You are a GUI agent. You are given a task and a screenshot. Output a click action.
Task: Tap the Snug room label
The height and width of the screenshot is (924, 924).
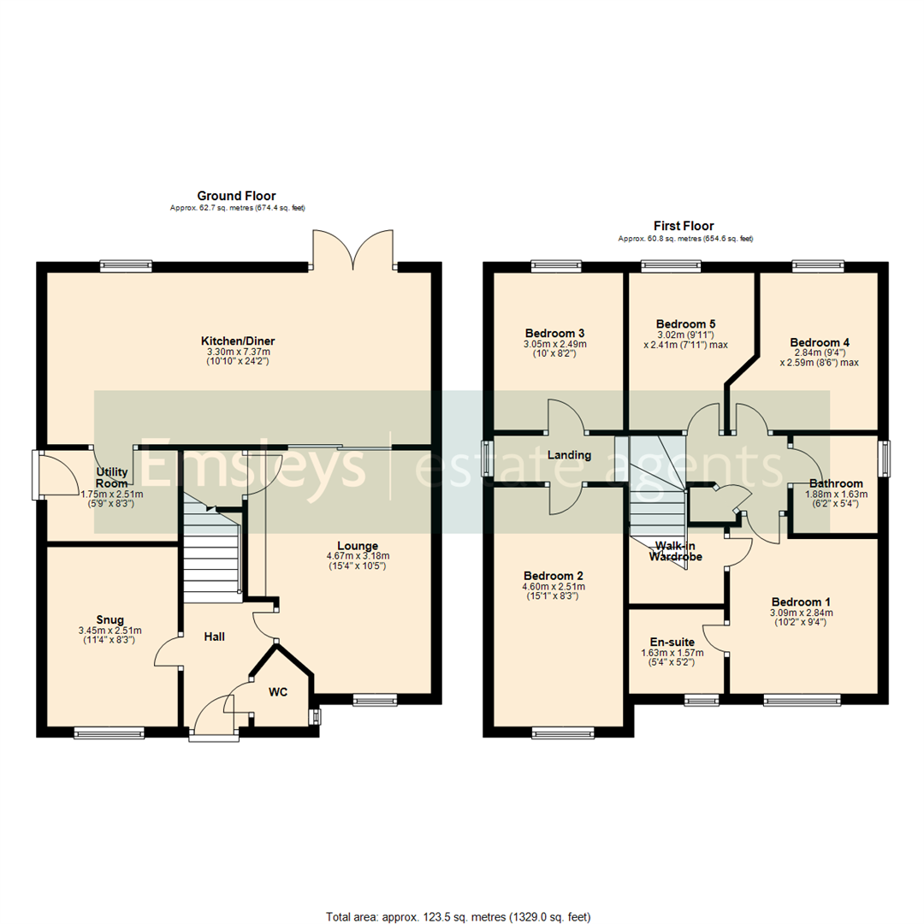pos(110,619)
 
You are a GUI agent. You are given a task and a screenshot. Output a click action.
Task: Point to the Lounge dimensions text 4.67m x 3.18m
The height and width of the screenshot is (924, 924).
pos(358,556)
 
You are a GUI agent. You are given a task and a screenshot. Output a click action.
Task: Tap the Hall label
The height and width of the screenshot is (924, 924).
pos(215,637)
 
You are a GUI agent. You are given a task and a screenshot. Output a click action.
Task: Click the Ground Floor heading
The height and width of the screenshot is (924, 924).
pos(236,196)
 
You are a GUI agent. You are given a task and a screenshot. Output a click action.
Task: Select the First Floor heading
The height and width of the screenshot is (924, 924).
pos(684,226)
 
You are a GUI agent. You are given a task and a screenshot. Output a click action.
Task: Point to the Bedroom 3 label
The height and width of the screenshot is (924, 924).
pos(554,333)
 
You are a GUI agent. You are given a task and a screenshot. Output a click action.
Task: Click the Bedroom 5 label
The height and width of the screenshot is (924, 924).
pos(685,324)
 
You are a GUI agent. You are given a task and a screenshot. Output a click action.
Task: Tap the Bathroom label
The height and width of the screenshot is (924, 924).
pos(836,483)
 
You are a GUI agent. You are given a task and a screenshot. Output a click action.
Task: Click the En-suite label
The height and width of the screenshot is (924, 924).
pos(672,642)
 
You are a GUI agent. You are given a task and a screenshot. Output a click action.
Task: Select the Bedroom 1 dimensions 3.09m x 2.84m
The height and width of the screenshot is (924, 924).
pos(801,613)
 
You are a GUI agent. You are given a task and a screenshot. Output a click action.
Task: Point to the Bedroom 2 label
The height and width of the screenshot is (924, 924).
pos(554,576)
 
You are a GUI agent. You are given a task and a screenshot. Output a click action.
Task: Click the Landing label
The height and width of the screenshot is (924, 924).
pos(570,455)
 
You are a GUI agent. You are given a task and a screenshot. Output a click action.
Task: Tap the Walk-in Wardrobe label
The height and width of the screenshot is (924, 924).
pos(674,551)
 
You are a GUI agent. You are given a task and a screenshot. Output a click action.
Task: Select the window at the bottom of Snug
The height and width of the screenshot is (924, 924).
pos(109,731)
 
